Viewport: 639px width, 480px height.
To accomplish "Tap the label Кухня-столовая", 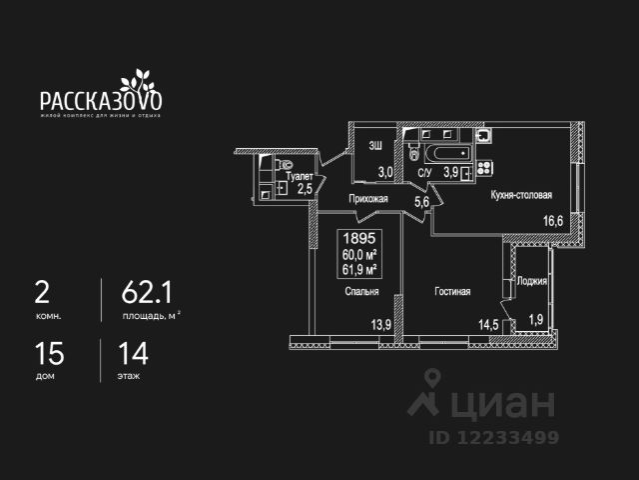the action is tap(521, 197).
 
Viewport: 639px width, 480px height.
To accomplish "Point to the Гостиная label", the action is tap(451, 292).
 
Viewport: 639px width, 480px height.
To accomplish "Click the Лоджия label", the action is tap(533, 281).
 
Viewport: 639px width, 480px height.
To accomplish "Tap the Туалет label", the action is tap(300, 175).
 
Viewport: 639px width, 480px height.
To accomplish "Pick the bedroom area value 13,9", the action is tap(380, 324).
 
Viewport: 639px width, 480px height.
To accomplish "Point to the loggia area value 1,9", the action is tap(536, 319).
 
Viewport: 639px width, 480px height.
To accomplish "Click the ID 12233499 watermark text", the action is tap(494, 437).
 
